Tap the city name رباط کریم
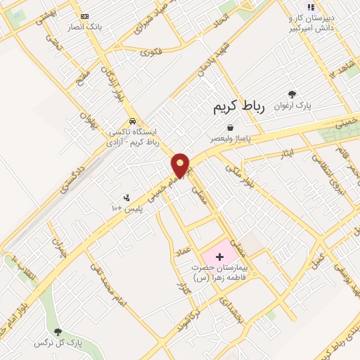[x=238, y=108]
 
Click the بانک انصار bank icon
[x=84, y=16]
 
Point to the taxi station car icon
[x=132, y=120]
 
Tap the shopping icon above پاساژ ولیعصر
[x=230, y=127]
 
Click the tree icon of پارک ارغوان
[x=292, y=94]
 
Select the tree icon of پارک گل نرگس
[x=58, y=331]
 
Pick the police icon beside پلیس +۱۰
[x=126, y=198]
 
